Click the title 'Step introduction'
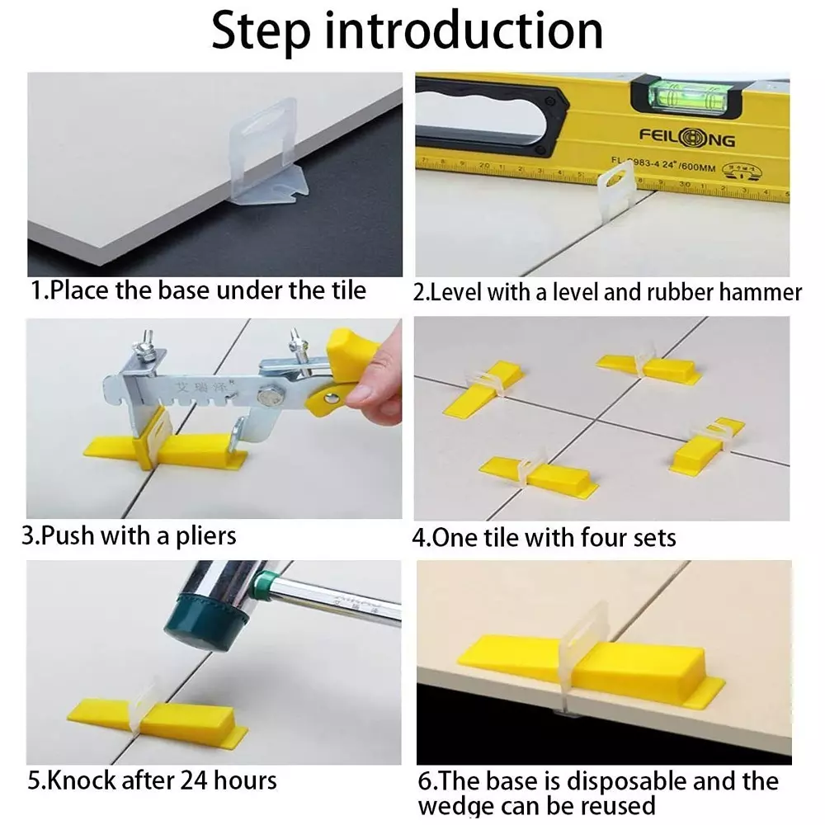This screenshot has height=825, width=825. (407, 31)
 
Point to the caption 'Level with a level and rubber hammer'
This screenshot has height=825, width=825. (606, 292)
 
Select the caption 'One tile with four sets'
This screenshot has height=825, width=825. (544, 538)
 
